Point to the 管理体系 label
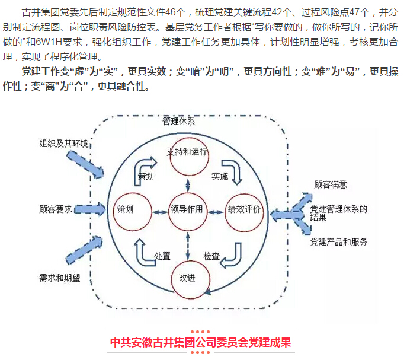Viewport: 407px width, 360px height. pyautogui.click(x=178, y=121)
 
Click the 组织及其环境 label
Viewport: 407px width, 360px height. pyautogui.click(x=64, y=144)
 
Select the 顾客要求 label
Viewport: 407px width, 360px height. pyautogui.click(x=56, y=209)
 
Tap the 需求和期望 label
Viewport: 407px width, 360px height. pyautogui.click(x=60, y=278)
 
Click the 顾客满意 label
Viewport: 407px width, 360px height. pyautogui.click(x=331, y=184)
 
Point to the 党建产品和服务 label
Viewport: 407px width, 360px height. pyautogui.click(x=339, y=242)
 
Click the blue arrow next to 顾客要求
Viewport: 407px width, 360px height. pyautogui.click(x=90, y=209)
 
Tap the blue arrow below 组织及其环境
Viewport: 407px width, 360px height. pyautogui.click(x=85, y=164)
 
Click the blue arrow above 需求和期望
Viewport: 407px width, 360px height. pyautogui.click(x=84, y=250)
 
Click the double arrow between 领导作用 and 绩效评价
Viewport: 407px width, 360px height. pyautogui.click(x=216, y=212)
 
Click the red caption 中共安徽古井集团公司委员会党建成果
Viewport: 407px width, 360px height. pyautogui.click(x=200, y=342)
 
